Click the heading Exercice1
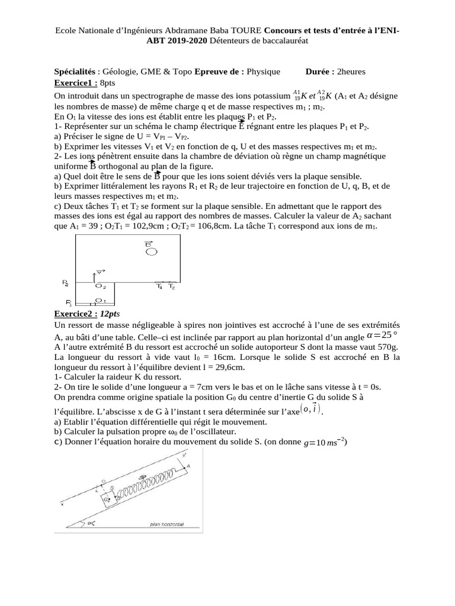click(x=76, y=82)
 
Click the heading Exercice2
click(x=76, y=313)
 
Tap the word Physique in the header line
click(x=263, y=72)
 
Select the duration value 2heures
click(x=351, y=72)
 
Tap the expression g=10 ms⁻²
click(x=325, y=442)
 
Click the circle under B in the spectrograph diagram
click(x=152, y=252)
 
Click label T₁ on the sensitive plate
click(x=159, y=287)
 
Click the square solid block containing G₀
click(x=108, y=499)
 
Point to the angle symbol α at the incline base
click(x=91, y=524)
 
